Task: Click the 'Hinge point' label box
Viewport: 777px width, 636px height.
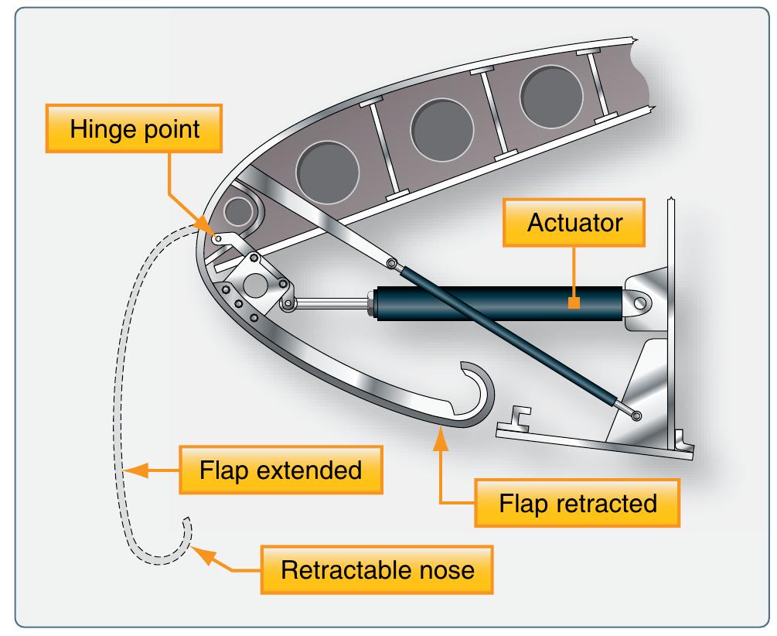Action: tap(135, 129)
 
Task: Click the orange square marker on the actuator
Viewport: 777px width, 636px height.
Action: tap(574, 303)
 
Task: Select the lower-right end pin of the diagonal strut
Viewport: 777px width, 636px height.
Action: tap(636, 416)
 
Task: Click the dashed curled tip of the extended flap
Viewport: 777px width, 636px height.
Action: tap(186, 526)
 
